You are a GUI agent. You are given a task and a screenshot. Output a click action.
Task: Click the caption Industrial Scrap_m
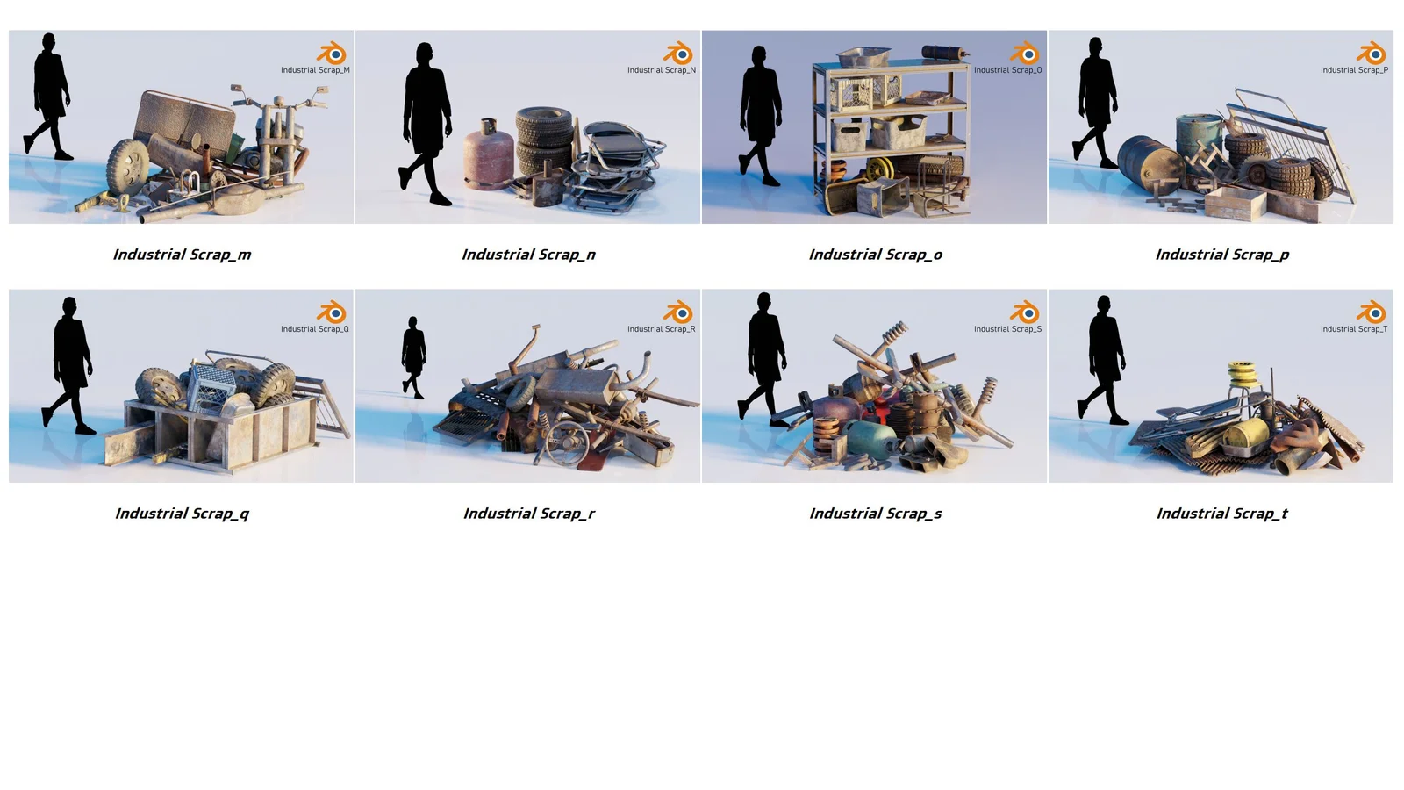[182, 255]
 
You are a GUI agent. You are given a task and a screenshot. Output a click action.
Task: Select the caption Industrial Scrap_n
[528, 255]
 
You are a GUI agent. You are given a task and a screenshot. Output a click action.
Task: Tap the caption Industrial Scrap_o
[875, 255]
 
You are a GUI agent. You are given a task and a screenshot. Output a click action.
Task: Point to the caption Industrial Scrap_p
[1221, 255]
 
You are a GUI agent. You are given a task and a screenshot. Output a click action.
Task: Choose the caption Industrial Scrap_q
[182, 513]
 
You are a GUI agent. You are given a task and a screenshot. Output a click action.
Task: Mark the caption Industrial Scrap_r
[528, 513]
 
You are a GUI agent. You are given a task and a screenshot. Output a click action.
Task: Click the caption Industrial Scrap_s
[875, 513]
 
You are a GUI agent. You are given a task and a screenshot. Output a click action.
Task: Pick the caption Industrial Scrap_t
[1221, 513]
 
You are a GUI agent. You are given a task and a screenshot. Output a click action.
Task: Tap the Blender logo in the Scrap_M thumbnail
[332, 53]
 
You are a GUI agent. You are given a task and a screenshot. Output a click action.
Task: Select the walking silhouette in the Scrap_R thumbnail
[413, 356]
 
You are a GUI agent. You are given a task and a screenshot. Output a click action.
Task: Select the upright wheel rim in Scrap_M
[128, 166]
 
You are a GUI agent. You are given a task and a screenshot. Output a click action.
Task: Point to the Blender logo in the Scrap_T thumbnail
[1372, 312]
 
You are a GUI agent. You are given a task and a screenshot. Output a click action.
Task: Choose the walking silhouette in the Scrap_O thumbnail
[760, 114]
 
